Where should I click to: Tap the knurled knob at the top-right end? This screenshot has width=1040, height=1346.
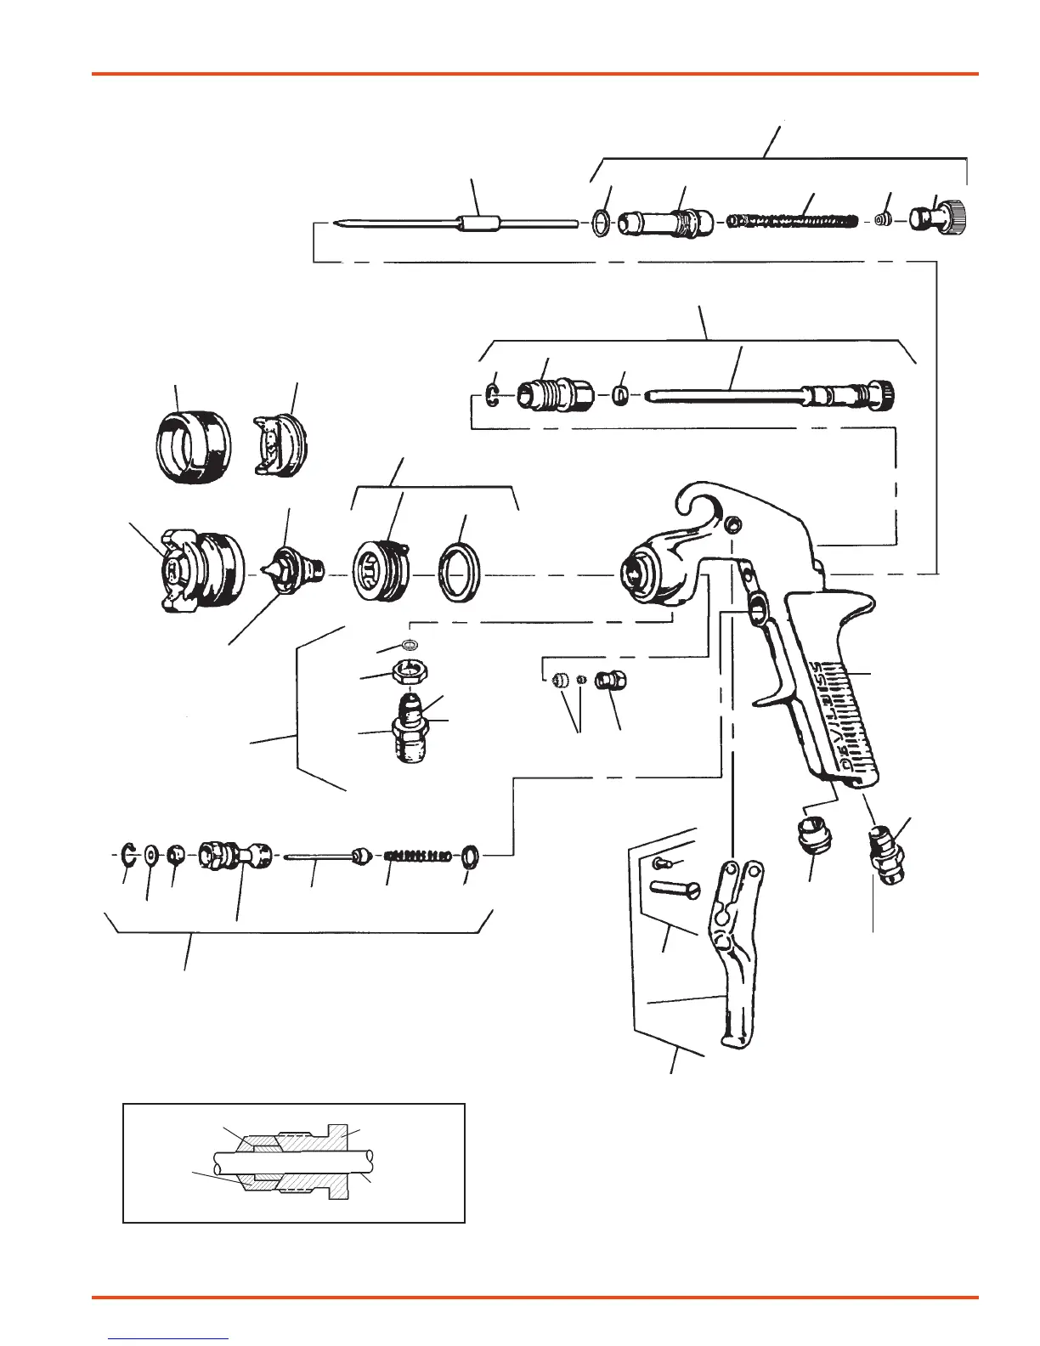coord(940,219)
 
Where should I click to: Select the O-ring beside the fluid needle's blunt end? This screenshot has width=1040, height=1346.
coord(601,224)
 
